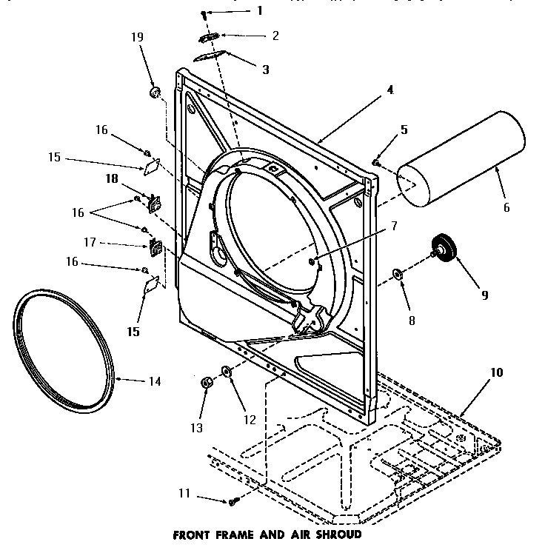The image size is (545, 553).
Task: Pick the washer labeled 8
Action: pyautogui.click(x=398, y=275)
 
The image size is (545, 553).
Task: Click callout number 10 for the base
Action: pyautogui.click(x=496, y=372)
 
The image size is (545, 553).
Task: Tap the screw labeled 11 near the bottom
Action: pyautogui.click(x=233, y=501)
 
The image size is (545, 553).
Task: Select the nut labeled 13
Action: pyautogui.click(x=207, y=382)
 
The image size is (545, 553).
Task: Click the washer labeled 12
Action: pyautogui.click(x=227, y=371)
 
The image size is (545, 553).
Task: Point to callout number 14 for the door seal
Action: pyautogui.click(x=154, y=382)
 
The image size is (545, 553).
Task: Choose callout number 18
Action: pyautogui.click(x=111, y=178)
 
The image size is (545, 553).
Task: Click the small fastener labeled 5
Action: pyautogui.click(x=377, y=161)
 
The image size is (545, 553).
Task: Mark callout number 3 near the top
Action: pyautogui.click(x=264, y=70)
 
